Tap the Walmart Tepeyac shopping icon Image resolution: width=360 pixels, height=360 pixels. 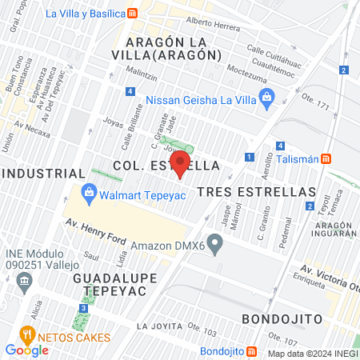tap(87, 192)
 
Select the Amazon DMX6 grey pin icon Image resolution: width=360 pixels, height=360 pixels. tap(214, 242)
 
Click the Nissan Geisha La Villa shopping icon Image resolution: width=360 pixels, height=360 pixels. tap(267, 100)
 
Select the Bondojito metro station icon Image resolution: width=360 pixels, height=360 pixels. tap(251, 350)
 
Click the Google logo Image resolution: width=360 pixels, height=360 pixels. tap(26, 350)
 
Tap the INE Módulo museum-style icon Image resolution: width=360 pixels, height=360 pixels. tap(24, 281)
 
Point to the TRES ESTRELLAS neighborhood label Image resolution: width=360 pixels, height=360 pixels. tap(256, 192)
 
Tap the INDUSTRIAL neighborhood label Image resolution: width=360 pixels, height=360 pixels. tap(43, 173)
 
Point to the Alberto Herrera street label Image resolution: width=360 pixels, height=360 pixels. tap(211, 24)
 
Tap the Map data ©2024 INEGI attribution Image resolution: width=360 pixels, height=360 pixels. tap(312, 354)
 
